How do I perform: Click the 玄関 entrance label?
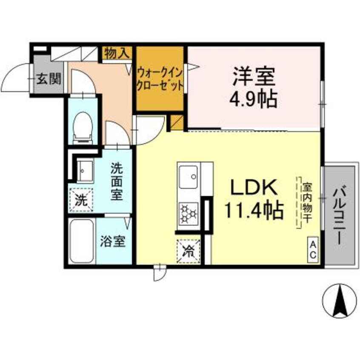point(49,79)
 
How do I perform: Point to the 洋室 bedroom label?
point(254,76)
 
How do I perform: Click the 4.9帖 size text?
point(254,100)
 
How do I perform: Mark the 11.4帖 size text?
point(254,210)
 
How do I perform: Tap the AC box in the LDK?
point(313,250)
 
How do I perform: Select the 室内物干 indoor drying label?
point(306,203)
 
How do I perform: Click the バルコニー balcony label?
point(339,216)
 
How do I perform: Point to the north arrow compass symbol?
point(340,300)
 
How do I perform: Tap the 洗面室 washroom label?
point(117,181)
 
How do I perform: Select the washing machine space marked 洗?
point(82,200)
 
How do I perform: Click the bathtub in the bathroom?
point(82,241)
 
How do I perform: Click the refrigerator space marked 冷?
point(188,251)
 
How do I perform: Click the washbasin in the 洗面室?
point(85,171)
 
